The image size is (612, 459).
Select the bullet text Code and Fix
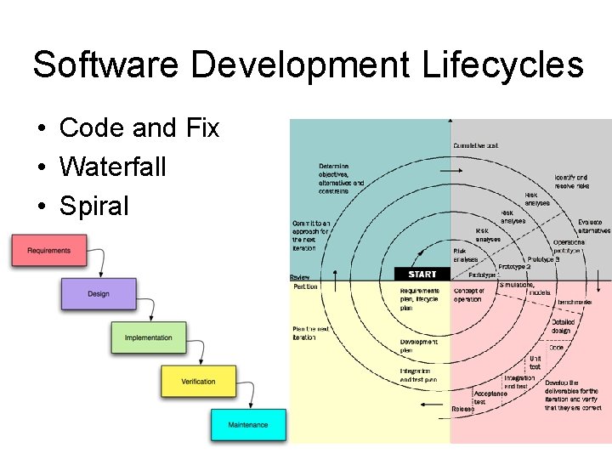[139, 128]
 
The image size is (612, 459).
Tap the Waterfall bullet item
[112, 167]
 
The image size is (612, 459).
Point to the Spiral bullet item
[93, 206]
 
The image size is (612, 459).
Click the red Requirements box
[48, 251]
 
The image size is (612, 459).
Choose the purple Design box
[98, 294]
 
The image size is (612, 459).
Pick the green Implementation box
[148, 338]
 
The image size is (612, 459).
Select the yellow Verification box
[198, 382]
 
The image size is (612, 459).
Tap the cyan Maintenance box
[247, 425]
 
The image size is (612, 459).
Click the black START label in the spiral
[422, 275]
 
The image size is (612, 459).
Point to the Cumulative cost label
[476, 145]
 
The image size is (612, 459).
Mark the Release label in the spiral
[463, 409]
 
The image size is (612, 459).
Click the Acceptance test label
[490, 397]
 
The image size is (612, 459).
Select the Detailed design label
[563, 327]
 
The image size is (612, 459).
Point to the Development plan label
[419, 346]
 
